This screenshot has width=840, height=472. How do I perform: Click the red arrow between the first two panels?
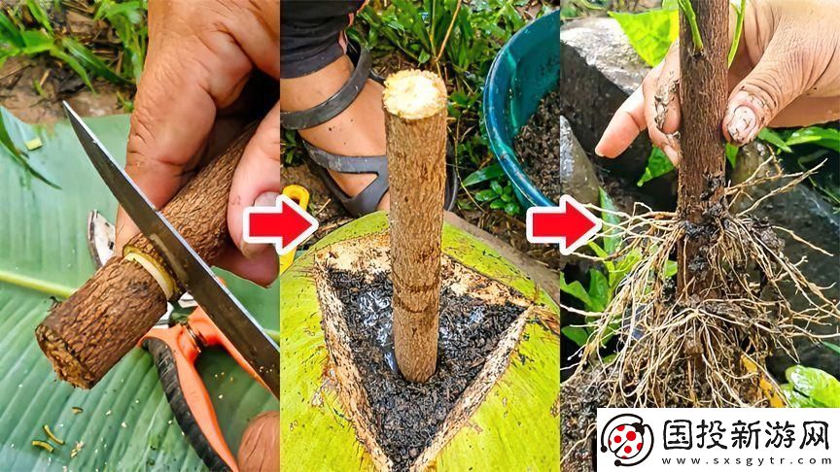coord(279,224)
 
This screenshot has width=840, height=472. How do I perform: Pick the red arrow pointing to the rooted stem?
coord(563,224)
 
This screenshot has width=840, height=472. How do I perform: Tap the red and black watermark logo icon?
coord(629,440)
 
